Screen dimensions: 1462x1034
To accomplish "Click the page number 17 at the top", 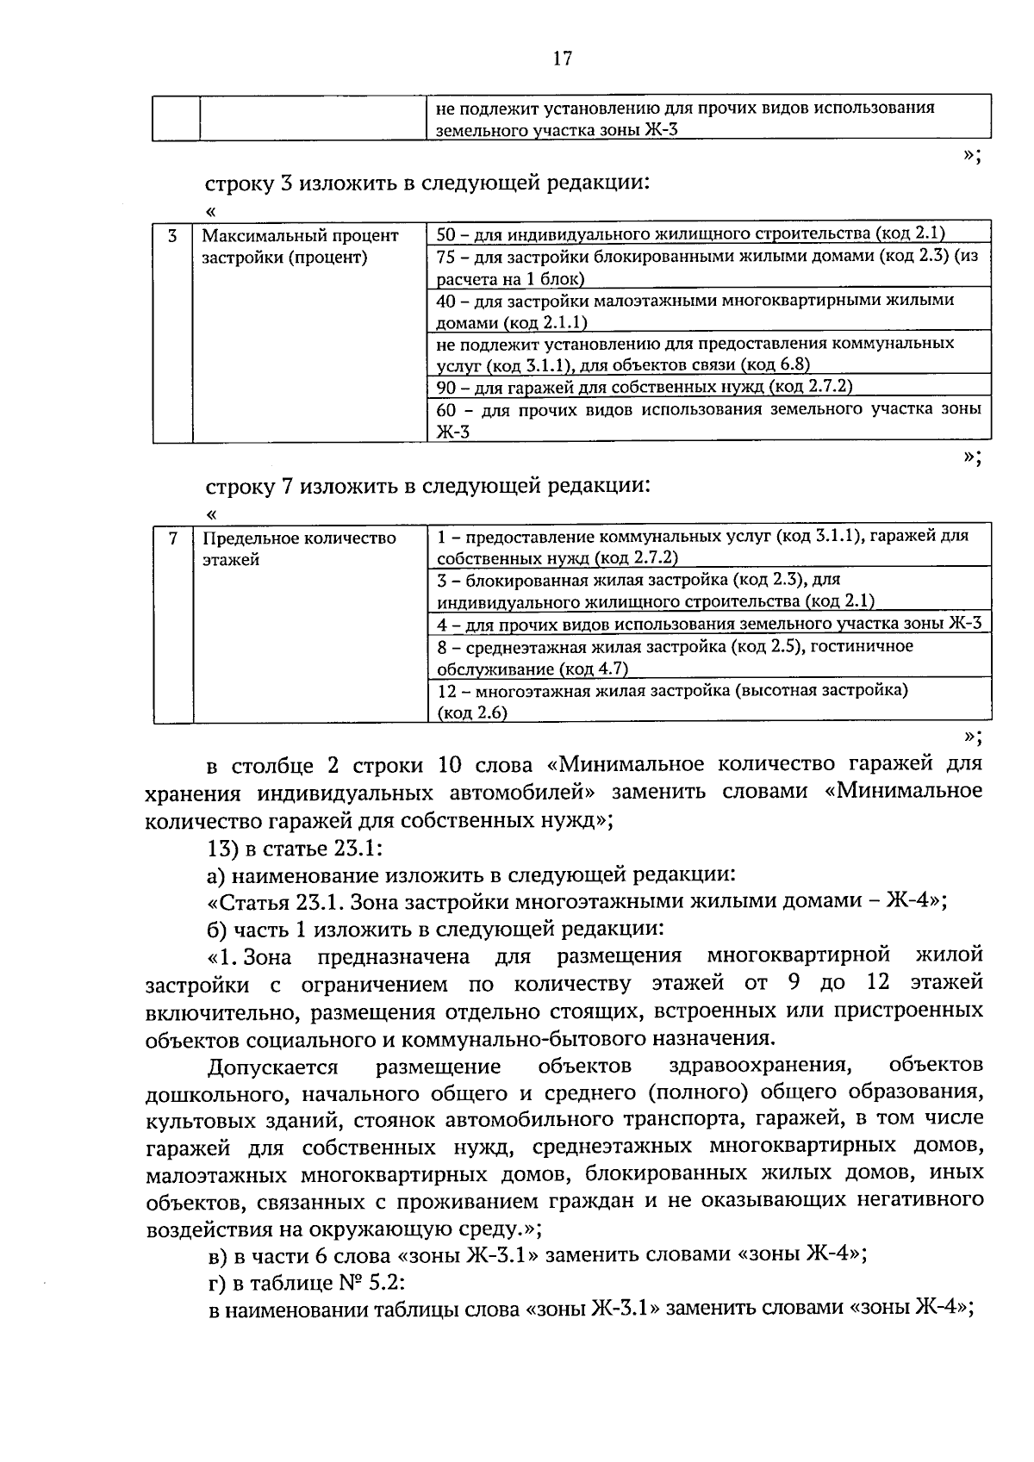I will (x=561, y=59).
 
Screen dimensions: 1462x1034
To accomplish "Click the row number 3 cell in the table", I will (x=172, y=235).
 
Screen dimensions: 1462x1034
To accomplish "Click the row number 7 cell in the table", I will (x=172, y=538).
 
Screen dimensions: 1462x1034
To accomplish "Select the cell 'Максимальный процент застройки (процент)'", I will (x=301, y=246).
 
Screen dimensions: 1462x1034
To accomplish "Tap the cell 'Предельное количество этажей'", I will (x=299, y=549).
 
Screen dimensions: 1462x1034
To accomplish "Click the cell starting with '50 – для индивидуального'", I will (x=690, y=233).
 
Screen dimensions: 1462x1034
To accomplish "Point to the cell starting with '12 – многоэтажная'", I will (x=672, y=701).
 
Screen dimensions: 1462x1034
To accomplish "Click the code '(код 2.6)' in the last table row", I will (x=472, y=712).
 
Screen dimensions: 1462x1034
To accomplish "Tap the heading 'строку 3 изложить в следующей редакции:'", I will (x=427, y=183).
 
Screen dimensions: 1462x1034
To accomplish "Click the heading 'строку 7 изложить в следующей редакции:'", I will (x=427, y=485).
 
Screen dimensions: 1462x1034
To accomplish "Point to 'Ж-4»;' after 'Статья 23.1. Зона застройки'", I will (x=918, y=901).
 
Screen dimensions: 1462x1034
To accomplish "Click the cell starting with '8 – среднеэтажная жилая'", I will (x=675, y=656).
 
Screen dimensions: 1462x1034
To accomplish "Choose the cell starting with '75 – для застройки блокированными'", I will (x=707, y=266).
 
